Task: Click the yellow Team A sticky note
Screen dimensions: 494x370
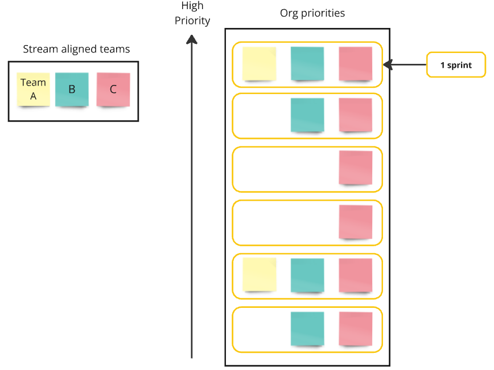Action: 33,90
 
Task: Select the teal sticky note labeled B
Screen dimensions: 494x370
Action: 72,90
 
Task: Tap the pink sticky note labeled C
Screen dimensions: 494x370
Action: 113,90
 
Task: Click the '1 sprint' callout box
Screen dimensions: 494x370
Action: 456,65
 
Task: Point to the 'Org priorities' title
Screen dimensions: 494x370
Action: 312,13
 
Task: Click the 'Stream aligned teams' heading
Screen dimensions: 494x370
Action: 76,49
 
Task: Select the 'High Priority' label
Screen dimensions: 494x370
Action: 192,13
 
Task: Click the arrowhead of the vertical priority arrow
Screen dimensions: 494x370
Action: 192,39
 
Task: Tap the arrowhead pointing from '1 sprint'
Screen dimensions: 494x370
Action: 388,65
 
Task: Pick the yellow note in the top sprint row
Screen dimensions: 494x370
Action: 260,64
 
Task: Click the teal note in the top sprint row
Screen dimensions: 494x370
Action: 307,64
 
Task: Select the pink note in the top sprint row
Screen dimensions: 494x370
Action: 355,64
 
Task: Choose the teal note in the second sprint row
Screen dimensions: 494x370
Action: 307,115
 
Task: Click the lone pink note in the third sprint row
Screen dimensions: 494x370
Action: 355,168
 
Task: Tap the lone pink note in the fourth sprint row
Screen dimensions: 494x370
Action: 355,222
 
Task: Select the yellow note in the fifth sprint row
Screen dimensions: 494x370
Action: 260,275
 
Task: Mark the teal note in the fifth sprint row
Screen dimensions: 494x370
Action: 307,275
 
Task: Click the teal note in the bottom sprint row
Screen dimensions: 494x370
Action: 307,329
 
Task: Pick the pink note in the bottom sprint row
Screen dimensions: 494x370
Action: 355,329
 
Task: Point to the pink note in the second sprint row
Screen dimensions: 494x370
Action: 355,115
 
